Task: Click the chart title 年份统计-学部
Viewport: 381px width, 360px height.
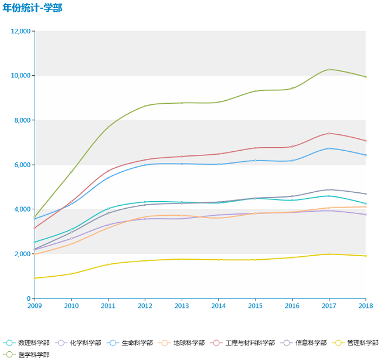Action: (x=32, y=8)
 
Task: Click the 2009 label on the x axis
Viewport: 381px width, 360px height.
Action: (x=35, y=305)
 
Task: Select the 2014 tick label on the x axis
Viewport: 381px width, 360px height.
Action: (x=219, y=305)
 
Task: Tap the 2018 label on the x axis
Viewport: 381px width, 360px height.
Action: (x=366, y=305)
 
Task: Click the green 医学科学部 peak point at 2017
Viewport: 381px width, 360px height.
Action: (x=329, y=70)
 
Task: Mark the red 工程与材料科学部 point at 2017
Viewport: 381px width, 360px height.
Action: (x=329, y=134)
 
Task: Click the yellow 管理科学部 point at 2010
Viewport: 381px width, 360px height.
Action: (x=72, y=274)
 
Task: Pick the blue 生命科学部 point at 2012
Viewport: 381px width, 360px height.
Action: (x=145, y=165)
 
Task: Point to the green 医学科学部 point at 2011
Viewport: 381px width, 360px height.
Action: (x=108, y=127)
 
